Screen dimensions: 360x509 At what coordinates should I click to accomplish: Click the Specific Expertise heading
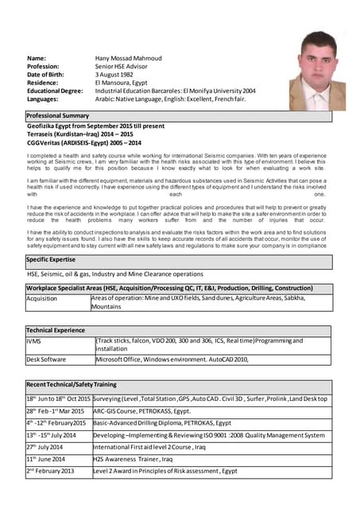52,259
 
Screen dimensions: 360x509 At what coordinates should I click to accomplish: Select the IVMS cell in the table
36,341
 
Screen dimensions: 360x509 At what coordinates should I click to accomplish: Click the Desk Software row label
47,359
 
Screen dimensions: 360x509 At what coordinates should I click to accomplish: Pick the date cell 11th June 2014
48,459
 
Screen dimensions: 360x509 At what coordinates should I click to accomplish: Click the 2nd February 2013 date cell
50,471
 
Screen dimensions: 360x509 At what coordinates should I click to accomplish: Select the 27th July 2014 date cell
47,447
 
